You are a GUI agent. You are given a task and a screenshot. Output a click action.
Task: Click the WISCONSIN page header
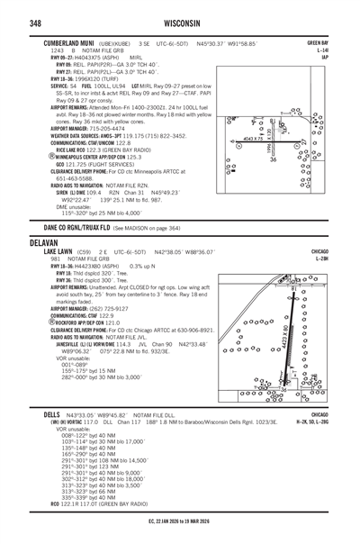click(180, 22)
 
